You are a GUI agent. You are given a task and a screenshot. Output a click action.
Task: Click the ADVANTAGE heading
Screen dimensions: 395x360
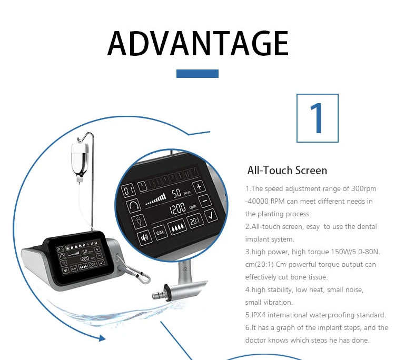(x=197, y=43)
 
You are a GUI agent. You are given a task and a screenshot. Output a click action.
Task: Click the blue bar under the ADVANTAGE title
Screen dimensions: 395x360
(x=197, y=74)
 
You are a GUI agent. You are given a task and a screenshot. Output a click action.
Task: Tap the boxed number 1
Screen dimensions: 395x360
(x=318, y=118)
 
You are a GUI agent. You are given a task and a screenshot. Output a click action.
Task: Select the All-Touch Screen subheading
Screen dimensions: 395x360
(x=287, y=171)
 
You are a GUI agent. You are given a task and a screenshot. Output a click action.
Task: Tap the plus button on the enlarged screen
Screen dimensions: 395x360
(x=199, y=187)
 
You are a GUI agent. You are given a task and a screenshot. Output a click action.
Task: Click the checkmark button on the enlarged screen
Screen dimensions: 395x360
(x=211, y=215)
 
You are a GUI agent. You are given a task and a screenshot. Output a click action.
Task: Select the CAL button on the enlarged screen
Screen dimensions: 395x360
(x=160, y=232)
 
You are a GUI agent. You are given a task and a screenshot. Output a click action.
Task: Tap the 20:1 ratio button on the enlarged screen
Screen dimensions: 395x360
(x=195, y=221)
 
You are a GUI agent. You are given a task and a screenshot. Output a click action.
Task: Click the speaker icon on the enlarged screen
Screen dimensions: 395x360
(x=145, y=237)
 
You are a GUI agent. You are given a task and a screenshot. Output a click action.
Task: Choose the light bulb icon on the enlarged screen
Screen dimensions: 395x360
(x=139, y=222)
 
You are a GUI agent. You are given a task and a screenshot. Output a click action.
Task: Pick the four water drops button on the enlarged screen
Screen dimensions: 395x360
(x=177, y=227)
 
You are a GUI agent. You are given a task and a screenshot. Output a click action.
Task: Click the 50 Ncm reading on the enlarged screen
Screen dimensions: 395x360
(x=180, y=193)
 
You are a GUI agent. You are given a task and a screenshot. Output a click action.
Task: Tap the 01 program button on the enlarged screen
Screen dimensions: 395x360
(x=128, y=191)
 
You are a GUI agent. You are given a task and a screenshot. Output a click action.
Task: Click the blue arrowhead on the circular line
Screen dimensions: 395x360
(x=102, y=338)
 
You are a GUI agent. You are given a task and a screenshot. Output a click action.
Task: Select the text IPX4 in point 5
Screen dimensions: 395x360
(x=258, y=315)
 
